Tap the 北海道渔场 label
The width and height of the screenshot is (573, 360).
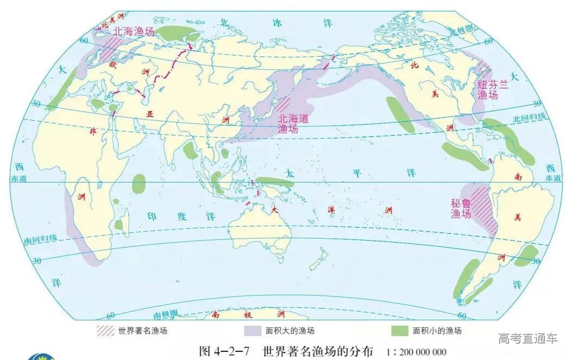pyautogui.click(x=293, y=123)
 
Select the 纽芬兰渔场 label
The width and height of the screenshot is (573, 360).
pyautogui.click(x=488, y=90)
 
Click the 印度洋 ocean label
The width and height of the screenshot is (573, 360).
pyautogui.click(x=167, y=216)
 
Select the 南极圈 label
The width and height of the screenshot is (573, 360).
pyautogui.click(x=165, y=314)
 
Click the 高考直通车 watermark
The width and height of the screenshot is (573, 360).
pyautogui.click(x=527, y=338)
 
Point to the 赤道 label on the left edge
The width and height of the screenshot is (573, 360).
pyautogui.click(x=18, y=178)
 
